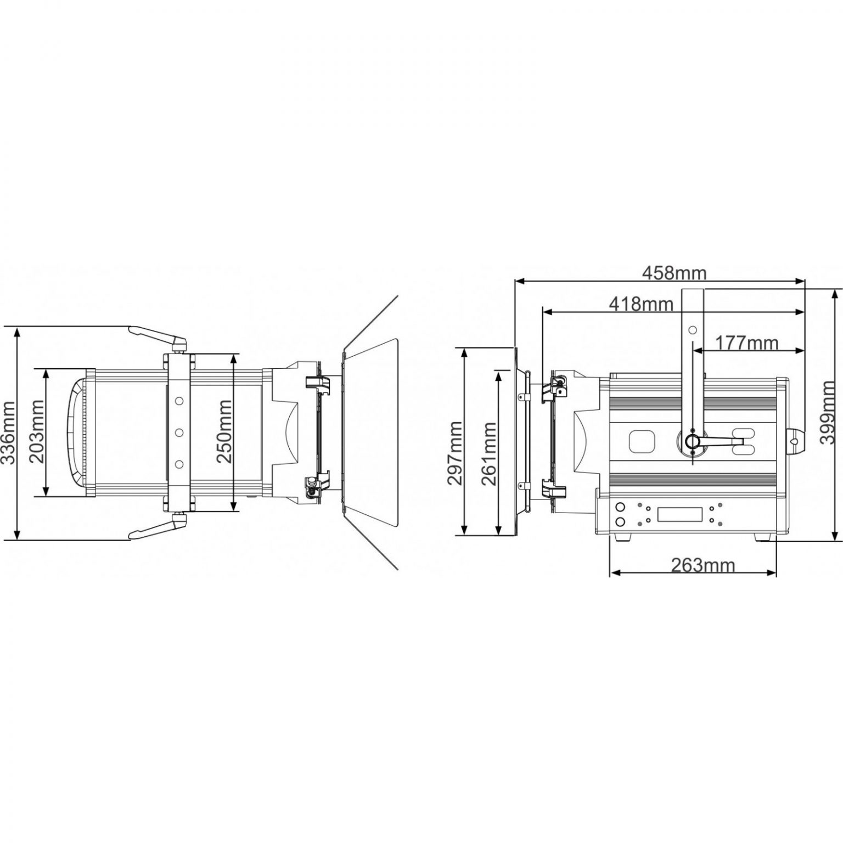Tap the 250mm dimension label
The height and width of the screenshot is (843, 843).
coord(224,432)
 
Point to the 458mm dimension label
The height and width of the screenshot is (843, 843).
coord(675,272)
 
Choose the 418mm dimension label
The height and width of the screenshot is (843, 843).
coord(641,303)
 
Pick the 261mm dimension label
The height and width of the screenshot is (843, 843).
coord(489,453)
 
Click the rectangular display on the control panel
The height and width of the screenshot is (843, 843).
coord(680,514)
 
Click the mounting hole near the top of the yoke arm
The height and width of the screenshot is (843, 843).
coord(693,330)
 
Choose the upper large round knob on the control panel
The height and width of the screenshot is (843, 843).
coord(621,507)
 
